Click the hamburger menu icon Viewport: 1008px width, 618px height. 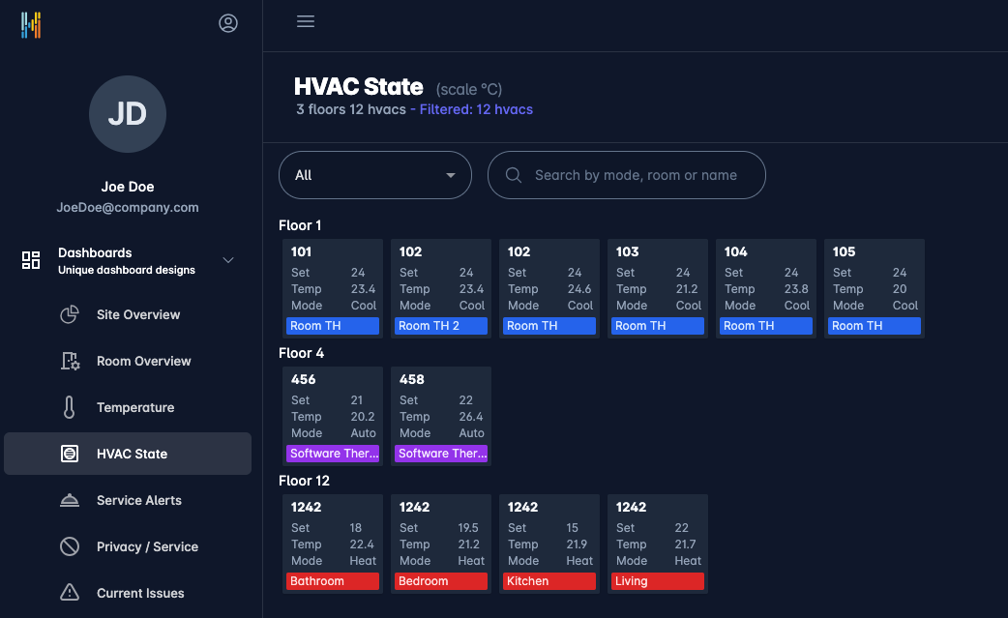tap(306, 21)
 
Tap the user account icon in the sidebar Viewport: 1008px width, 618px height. tap(228, 23)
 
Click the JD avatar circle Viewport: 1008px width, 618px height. tap(128, 114)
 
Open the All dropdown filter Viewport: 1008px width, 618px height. tap(374, 175)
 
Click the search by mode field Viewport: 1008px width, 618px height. tap(636, 175)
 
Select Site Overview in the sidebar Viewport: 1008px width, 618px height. tap(138, 314)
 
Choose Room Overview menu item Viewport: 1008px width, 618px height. tap(143, 361)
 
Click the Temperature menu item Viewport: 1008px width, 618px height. tap(135, 407)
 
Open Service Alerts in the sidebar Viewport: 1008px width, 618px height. tap(138, 500)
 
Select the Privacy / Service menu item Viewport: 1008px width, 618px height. tap(147, 546)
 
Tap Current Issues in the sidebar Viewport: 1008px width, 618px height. tap(140, 593)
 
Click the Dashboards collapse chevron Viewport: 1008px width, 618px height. tap(229, 260)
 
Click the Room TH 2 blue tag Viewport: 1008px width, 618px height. tap(441, 326)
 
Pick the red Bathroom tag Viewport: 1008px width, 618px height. tap(333, 581)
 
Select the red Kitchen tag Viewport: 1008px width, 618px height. tap(549, 581)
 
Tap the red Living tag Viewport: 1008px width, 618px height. tap(658, 581)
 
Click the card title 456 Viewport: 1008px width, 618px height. tap(304, 379)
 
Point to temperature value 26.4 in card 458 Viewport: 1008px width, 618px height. tap(471, 417)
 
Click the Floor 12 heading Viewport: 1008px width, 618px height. tap(304, 481)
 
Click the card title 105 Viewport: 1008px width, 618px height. tap(844, 251)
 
